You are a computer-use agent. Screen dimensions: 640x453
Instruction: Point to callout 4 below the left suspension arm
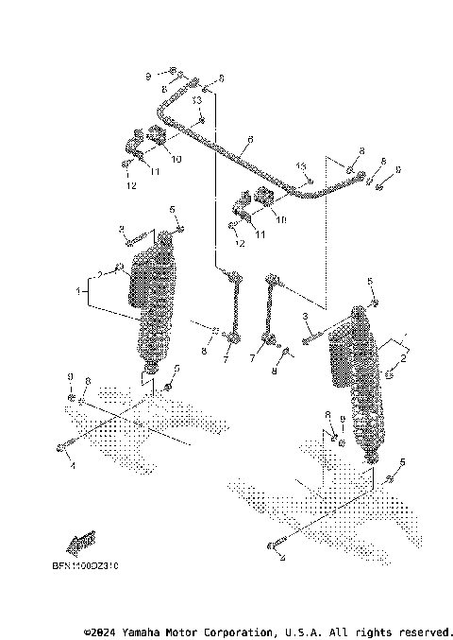pos(73,463)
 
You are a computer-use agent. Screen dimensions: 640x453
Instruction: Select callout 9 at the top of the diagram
pos(148,74)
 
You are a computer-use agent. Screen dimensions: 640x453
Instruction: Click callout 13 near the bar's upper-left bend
pos(197,99)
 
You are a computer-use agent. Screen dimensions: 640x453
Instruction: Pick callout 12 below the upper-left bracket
pos(131,186)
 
